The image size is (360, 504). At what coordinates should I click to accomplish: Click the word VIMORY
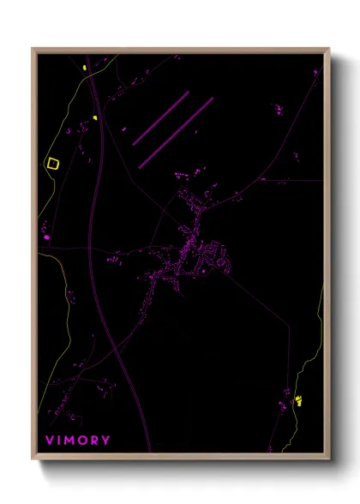point(77,441)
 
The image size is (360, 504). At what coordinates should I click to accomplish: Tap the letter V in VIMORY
point(49,441)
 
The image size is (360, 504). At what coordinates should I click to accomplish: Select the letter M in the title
point(69,441)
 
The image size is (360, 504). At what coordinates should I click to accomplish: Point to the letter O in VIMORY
point(82,441)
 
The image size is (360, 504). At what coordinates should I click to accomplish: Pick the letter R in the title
point(94,441)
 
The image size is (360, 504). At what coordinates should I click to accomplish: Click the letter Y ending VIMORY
point(105,441)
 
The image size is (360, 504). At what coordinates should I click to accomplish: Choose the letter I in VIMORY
point(58,441)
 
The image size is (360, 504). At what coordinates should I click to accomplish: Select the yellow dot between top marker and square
point(94,117)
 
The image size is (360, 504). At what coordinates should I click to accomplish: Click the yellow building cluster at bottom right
point(298,400)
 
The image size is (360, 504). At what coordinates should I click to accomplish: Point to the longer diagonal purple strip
point(176,131)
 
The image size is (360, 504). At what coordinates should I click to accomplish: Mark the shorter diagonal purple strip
point(160,118)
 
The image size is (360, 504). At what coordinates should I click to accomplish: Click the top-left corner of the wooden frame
point(33,49)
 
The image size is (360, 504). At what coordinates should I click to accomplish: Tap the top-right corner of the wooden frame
point(328,49)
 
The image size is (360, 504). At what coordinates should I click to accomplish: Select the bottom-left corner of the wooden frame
point(33,459)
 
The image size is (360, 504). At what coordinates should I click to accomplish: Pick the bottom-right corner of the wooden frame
point(328,459)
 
